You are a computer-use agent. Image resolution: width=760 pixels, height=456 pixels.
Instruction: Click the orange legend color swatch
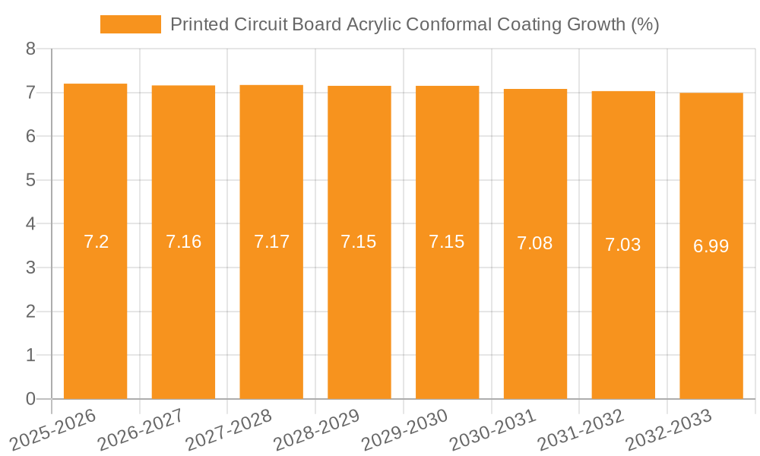coord(130,24)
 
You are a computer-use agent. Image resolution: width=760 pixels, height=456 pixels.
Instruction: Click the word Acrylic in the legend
coord(373,24)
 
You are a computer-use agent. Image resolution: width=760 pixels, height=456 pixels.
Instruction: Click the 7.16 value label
coord(183,242)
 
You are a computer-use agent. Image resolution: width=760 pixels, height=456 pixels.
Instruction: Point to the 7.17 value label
coord(271,242)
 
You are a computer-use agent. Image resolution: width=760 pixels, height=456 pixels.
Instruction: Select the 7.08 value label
coord(535,243)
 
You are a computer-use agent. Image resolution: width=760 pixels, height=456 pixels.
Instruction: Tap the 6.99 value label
coord(711,246)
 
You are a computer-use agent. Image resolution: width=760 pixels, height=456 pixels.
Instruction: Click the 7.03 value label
coord(623,245)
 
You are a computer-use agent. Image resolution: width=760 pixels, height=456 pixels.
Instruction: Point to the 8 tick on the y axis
coord(30,49)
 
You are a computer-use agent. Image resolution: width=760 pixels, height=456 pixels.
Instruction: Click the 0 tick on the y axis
coord(30,399)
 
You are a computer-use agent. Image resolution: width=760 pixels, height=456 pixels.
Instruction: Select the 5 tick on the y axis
coord(30,180)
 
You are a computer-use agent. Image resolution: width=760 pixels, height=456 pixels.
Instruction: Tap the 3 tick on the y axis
coord(30,268)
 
